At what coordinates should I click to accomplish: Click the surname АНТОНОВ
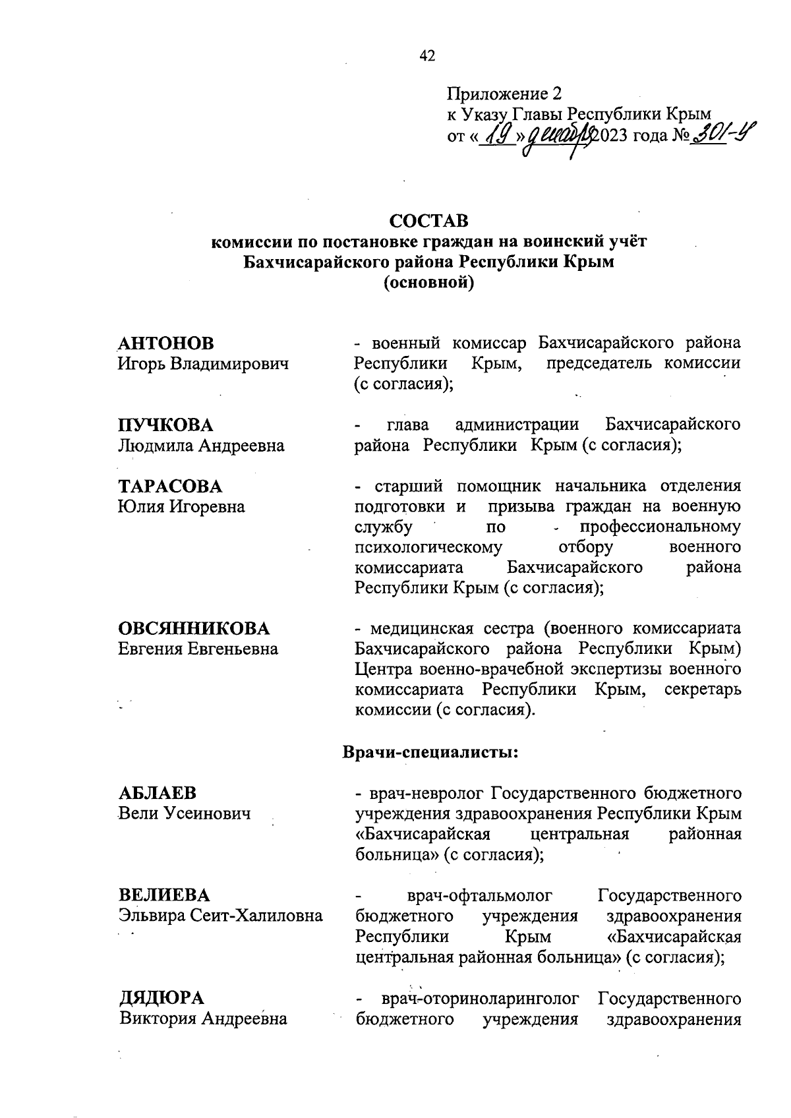tap(166, 343)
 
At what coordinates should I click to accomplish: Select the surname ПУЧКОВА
tap(165, 425)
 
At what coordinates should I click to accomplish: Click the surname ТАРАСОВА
tap(170, 486)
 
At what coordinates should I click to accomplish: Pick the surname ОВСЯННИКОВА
tap(194, 628)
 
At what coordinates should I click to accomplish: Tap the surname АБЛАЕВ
tap(157, 793)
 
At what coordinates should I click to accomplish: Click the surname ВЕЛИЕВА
tap(164, 895)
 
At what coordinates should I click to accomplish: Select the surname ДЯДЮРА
tap(161, 997)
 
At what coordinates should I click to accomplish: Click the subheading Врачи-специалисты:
tap(430, 752)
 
